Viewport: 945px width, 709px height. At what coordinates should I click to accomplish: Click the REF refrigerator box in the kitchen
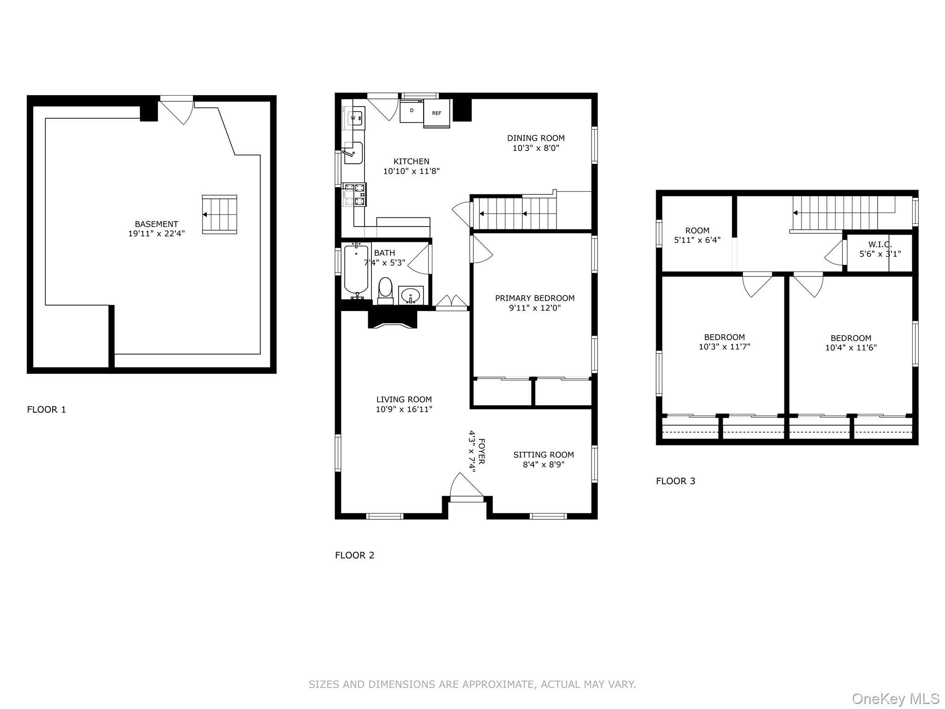pyautogui.click(x=437, y=113)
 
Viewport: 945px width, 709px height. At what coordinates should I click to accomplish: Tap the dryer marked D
pyautogui.click(x=412, y=111)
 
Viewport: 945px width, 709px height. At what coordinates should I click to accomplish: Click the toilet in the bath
pyautogui.click(x=385, y=291)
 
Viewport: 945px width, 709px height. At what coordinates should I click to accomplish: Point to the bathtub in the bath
pyautogui.click(x=356, y=271)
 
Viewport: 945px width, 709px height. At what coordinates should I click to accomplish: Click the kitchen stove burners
pyautogui.click(x=354, y=194)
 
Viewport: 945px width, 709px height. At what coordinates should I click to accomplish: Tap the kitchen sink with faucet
pyautogui.click(x=353, y=153)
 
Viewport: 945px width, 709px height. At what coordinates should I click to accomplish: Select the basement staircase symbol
pyautogui.click(x=220, y=215)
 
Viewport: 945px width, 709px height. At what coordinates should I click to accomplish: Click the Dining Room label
pyautogui.click(x=536, y=138)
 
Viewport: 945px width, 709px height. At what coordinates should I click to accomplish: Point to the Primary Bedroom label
pyautogui.click(x=535, y=298)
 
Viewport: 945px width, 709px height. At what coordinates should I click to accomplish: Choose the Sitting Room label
pyautogui.click(x=544, y=455)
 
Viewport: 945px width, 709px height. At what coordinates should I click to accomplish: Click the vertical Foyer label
pyautogui.click(x=482, y=451)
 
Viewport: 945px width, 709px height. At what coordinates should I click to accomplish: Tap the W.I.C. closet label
pyautogui.click(x=880, y=244)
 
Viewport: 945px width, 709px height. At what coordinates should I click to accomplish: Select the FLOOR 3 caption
pyautogui.click(x=676, y=481)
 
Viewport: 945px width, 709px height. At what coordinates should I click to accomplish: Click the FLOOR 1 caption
pyautogui.click(x=47, y=409)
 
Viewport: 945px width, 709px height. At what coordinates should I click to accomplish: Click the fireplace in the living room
pyautogui.click(x=393, y=319)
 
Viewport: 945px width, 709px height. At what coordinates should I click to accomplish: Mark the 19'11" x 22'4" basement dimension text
pyautogui.click(x=156, y=234)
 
